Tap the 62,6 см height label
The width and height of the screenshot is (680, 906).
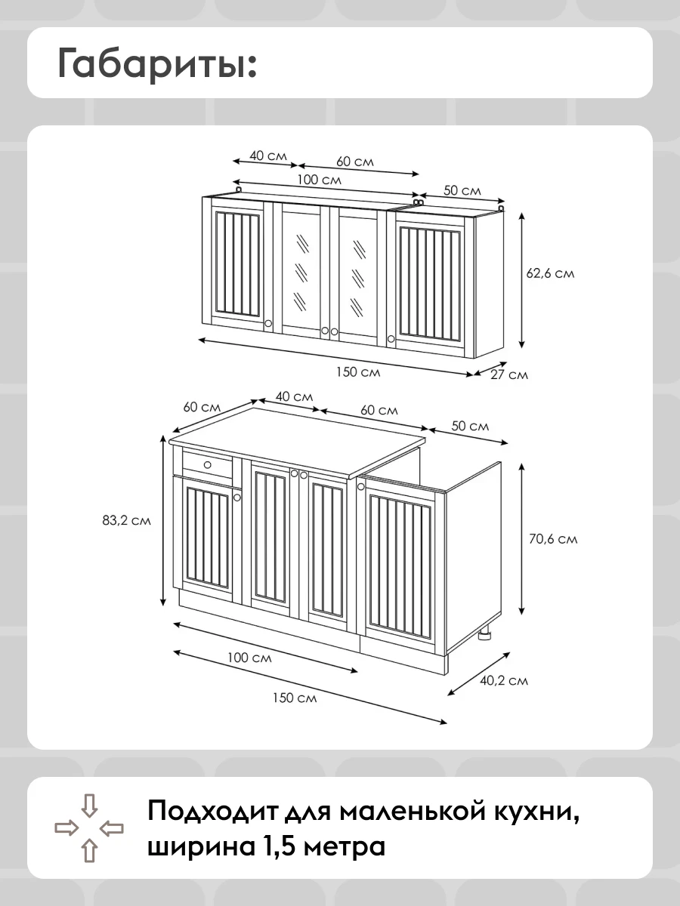pyautogui.click(x=550, y=273)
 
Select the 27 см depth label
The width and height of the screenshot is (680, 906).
pyautogui.click(x=509, y=374)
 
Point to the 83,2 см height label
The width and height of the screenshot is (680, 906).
pyautogui.click(x=126, y=520)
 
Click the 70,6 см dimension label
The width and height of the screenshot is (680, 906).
pyautogui.click(x=553, y=538)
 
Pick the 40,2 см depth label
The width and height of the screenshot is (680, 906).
pyautogui.click(x=504, y=680)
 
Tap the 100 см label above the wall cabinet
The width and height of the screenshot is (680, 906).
pyautogui.click(x=319, y=180)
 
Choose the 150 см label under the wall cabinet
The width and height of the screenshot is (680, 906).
pyautogui.click(x=358, y=372)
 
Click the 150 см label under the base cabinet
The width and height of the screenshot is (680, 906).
pyautogui.click(x=295, y=698)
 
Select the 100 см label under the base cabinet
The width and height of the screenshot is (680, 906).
pyautogui.click(x=249, y=658)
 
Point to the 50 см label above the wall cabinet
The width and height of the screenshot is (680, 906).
pyautogui.click(x=462, y=190)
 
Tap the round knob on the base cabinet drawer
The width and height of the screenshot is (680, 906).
pyautogui.click(x=207, y=465)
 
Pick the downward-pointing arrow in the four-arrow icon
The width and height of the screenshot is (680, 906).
pyautogui.click(x=89, y=805)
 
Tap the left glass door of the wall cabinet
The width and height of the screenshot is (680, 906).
pyautogui.click(x=301, y=273)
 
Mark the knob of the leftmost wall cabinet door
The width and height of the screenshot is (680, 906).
pyautogui.click(x=268, y=323)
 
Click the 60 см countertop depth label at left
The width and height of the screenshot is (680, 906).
pyautogui.click(x=202, y=407)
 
